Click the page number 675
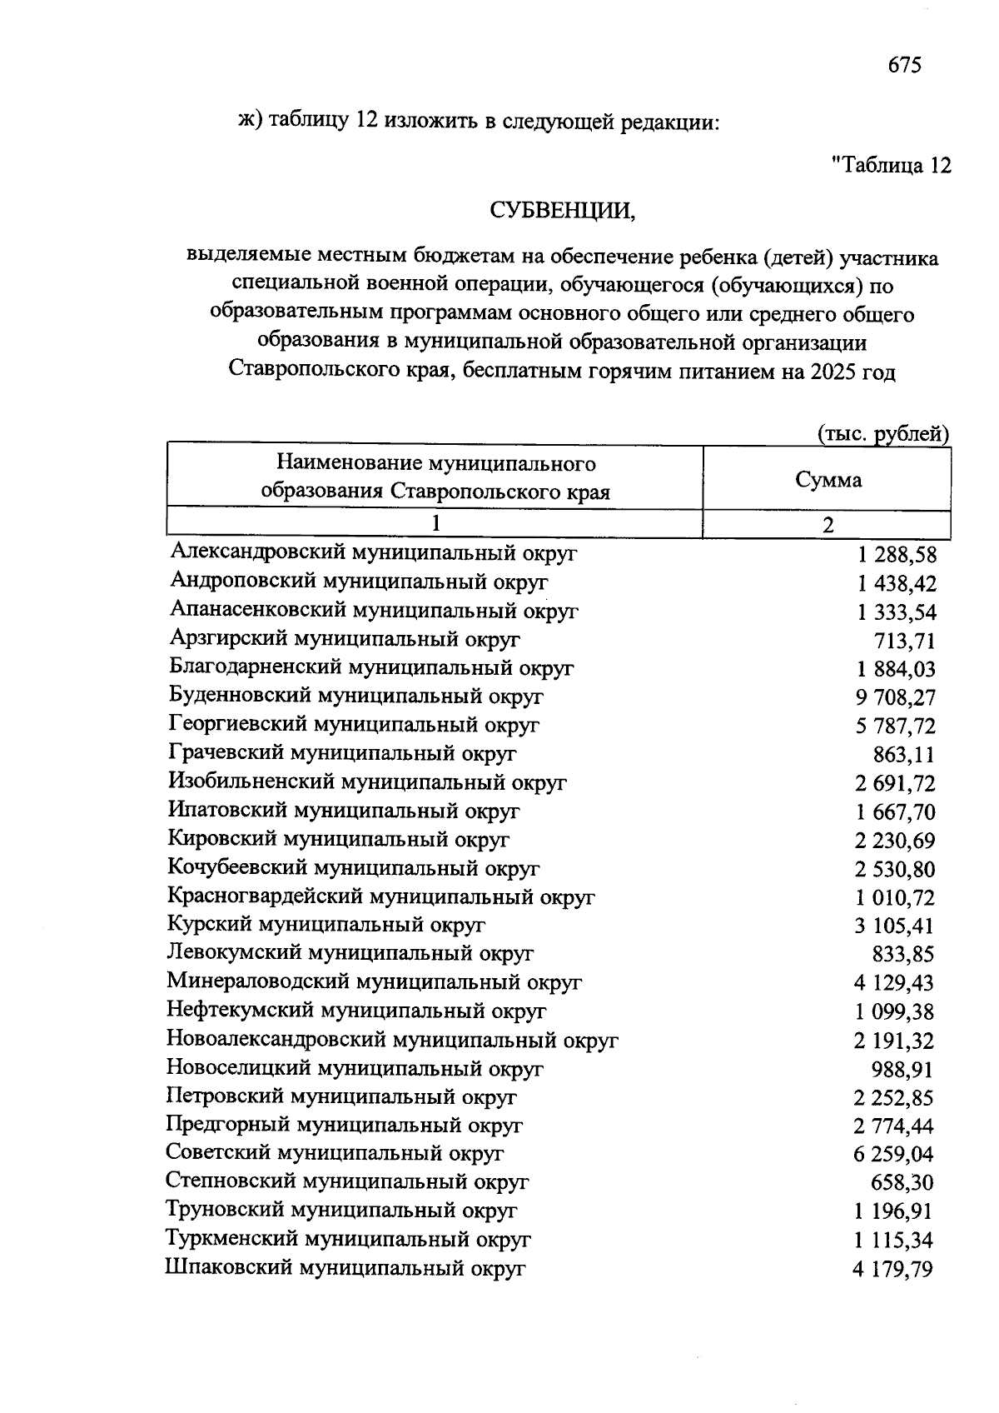tap(904, 65)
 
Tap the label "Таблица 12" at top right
tap(891, 166)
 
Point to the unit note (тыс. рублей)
tap(882, 433)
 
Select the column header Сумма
tap(828, 480)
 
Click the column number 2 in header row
tap(828, 524)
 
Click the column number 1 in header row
tap(435, 524)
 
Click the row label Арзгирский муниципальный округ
tap(345, 640)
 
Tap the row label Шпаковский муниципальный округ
tap(345, 1269)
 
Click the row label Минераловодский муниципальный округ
tap(374, 982)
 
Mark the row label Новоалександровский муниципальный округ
tap(392, 1040)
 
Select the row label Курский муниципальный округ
tap(326, 925)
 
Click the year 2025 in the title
tap(832, 372)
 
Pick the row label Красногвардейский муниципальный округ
tap(381, 897)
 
